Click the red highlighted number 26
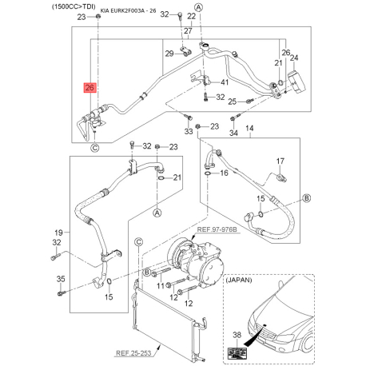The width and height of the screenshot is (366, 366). (89, 88)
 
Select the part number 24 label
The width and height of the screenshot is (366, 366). (293, 58)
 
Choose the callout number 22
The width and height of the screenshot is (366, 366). (192, 15)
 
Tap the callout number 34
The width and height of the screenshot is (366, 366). (233, 132)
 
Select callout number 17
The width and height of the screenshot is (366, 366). (280, 161)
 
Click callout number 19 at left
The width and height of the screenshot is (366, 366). (58, 230)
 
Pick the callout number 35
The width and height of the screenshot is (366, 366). (60, 278)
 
